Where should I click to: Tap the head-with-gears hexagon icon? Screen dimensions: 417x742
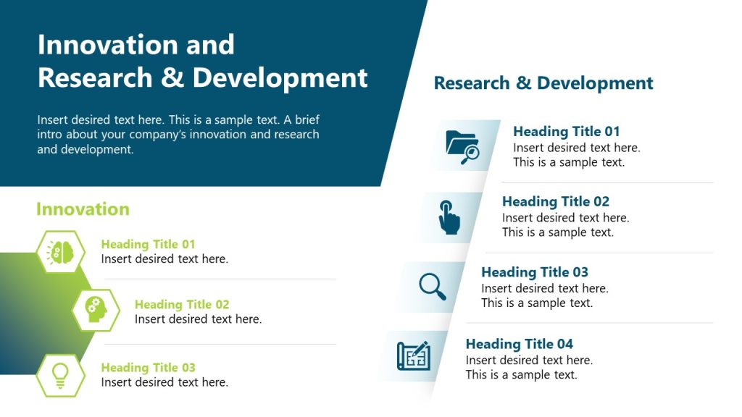(96, 311)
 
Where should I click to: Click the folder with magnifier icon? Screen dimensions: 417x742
(463, 146)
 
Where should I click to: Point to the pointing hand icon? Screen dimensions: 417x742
(449, 216)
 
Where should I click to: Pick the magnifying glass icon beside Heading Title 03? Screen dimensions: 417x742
(433, 286)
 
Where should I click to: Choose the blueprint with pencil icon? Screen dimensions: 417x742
(414, 355)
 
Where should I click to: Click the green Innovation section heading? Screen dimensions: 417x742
(83, 209)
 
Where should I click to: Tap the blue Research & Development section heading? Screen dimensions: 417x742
(543, 83)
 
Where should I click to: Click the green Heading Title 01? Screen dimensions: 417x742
(148, 245)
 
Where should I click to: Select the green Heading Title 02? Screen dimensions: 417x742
(182, 305)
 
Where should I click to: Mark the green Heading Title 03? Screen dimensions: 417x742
(148, 368)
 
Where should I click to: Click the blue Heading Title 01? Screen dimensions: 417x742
(566, 132)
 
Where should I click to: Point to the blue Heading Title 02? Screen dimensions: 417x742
(555, 202)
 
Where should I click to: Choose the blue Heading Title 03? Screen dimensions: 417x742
(534, 272)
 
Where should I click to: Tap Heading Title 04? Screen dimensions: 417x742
(519, 344)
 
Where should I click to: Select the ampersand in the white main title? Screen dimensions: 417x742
(172, 77)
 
